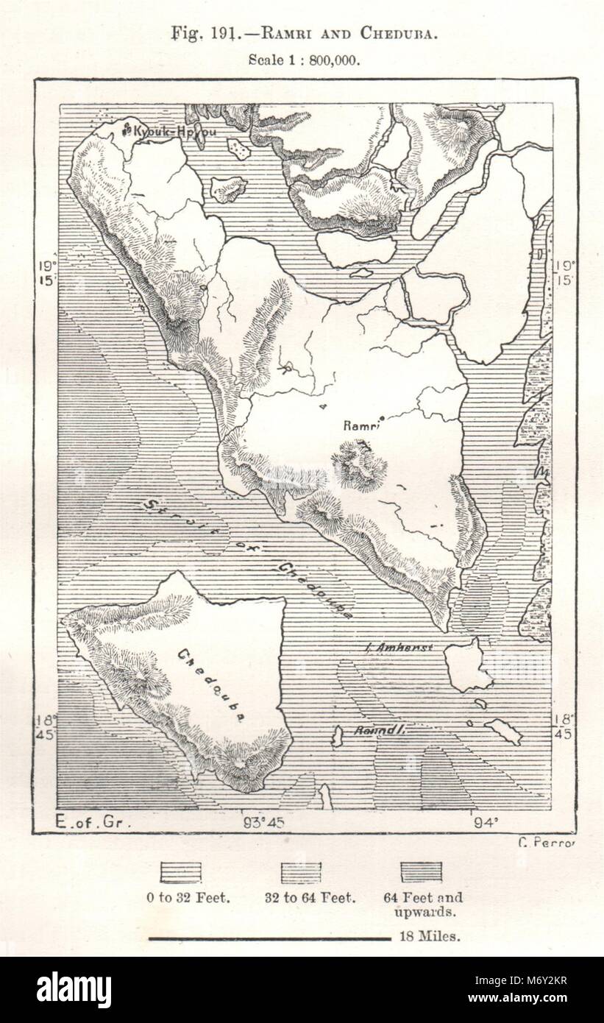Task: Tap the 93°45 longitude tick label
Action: [x=263, y=823]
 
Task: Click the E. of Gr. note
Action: [x=93, y=823]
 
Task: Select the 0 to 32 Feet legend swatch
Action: [x=181, y=872]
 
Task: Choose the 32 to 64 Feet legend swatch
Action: [x=302, y=872]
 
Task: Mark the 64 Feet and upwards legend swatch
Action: [x=422, y=872]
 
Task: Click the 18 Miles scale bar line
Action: [x=269, y=938]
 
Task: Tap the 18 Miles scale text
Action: [x=430, y=937]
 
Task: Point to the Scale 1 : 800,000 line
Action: [x=303, y=60]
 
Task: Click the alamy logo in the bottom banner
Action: [x=74, y=989]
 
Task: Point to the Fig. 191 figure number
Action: [x=196, y=33]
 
